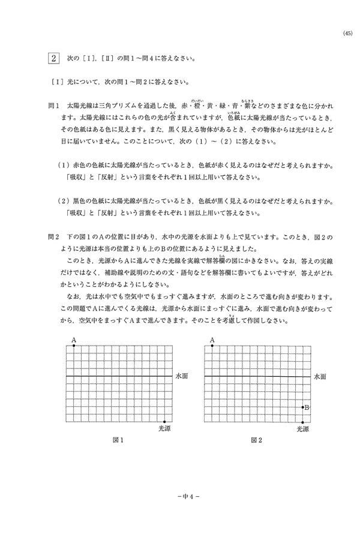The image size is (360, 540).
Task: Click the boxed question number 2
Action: click(54, 59)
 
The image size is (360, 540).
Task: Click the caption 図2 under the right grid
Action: click(257, 440)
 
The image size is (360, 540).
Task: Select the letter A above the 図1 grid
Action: click(74, 340)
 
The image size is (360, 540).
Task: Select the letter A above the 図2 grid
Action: click(212, 340)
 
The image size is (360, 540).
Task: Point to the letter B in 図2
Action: click(307, 407)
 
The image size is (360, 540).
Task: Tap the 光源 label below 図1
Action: click(166, 429)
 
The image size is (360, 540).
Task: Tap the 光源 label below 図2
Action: click(304, 429)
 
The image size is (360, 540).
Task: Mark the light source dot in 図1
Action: click(165, 422)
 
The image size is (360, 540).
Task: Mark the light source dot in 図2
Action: click(302, 422)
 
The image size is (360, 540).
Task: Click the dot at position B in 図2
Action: click(302, 407)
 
